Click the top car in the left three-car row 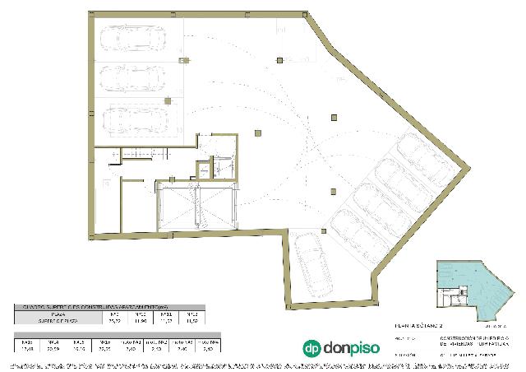[132, 39]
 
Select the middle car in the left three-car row [132, 79]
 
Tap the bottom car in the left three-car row [132, 119]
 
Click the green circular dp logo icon [313, 349]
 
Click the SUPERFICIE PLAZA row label [58, 321]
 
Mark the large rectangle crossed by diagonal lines [196, 208]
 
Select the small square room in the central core [202, 170]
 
